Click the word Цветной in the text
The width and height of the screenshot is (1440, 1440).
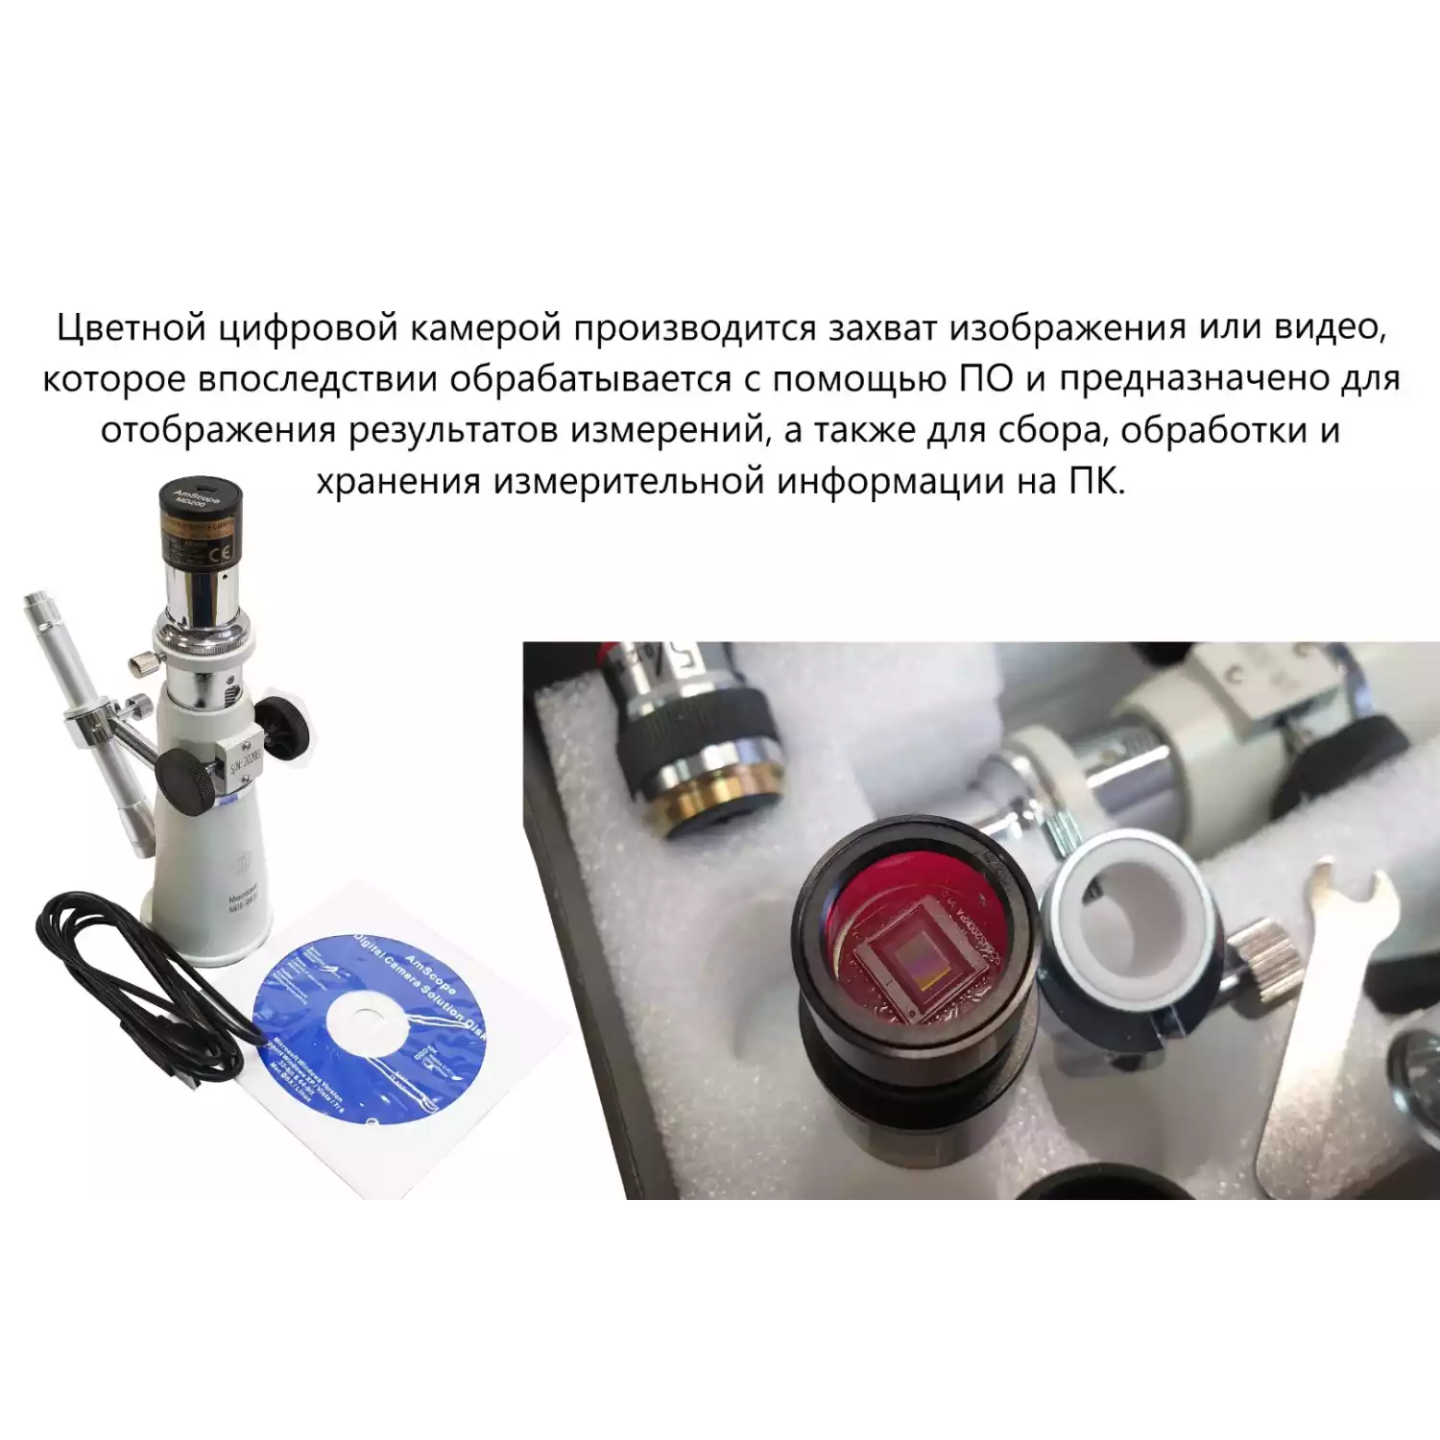(x=131, y=328)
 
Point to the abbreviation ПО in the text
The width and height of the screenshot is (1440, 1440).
(x=986, y=379)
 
